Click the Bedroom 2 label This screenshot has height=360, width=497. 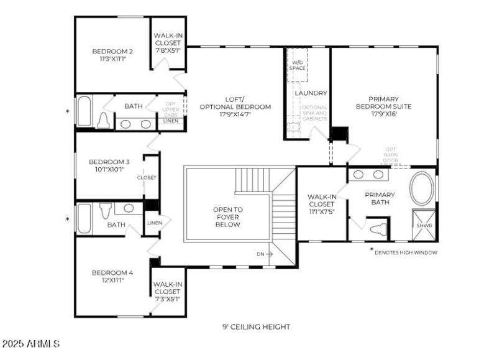pos(112,51)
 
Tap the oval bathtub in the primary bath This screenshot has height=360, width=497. pos(422,190)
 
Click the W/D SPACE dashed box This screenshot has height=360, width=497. pos(298,65)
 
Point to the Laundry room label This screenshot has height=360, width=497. pos(311,93)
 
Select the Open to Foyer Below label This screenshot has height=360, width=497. pos(228,217)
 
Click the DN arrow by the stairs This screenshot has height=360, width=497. pos(265,254)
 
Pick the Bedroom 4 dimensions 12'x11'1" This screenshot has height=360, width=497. pos(112,280)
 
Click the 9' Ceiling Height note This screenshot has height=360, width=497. pos(256,326)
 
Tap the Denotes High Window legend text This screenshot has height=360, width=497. pos(407,252)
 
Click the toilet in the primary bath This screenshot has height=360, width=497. pos(376,228)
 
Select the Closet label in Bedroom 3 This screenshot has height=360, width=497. pos(147,177)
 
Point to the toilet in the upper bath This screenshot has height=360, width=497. pos(104,121)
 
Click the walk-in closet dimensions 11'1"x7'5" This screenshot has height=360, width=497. pos(322,211)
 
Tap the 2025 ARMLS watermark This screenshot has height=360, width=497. pos(30,343)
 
